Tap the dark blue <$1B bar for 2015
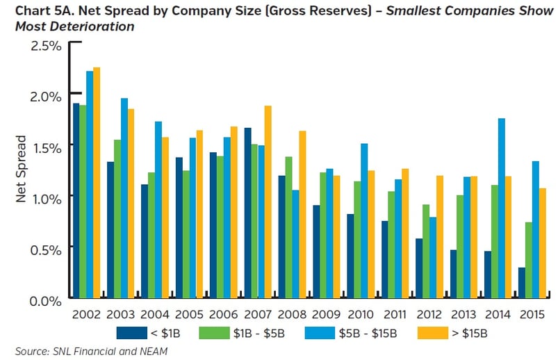pos(522,283)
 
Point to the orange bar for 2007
pos(268,202)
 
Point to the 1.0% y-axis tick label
pos(46,197)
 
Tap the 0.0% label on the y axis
pos(46,300)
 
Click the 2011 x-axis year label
pos(395,313)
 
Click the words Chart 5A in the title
pos(38,11)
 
